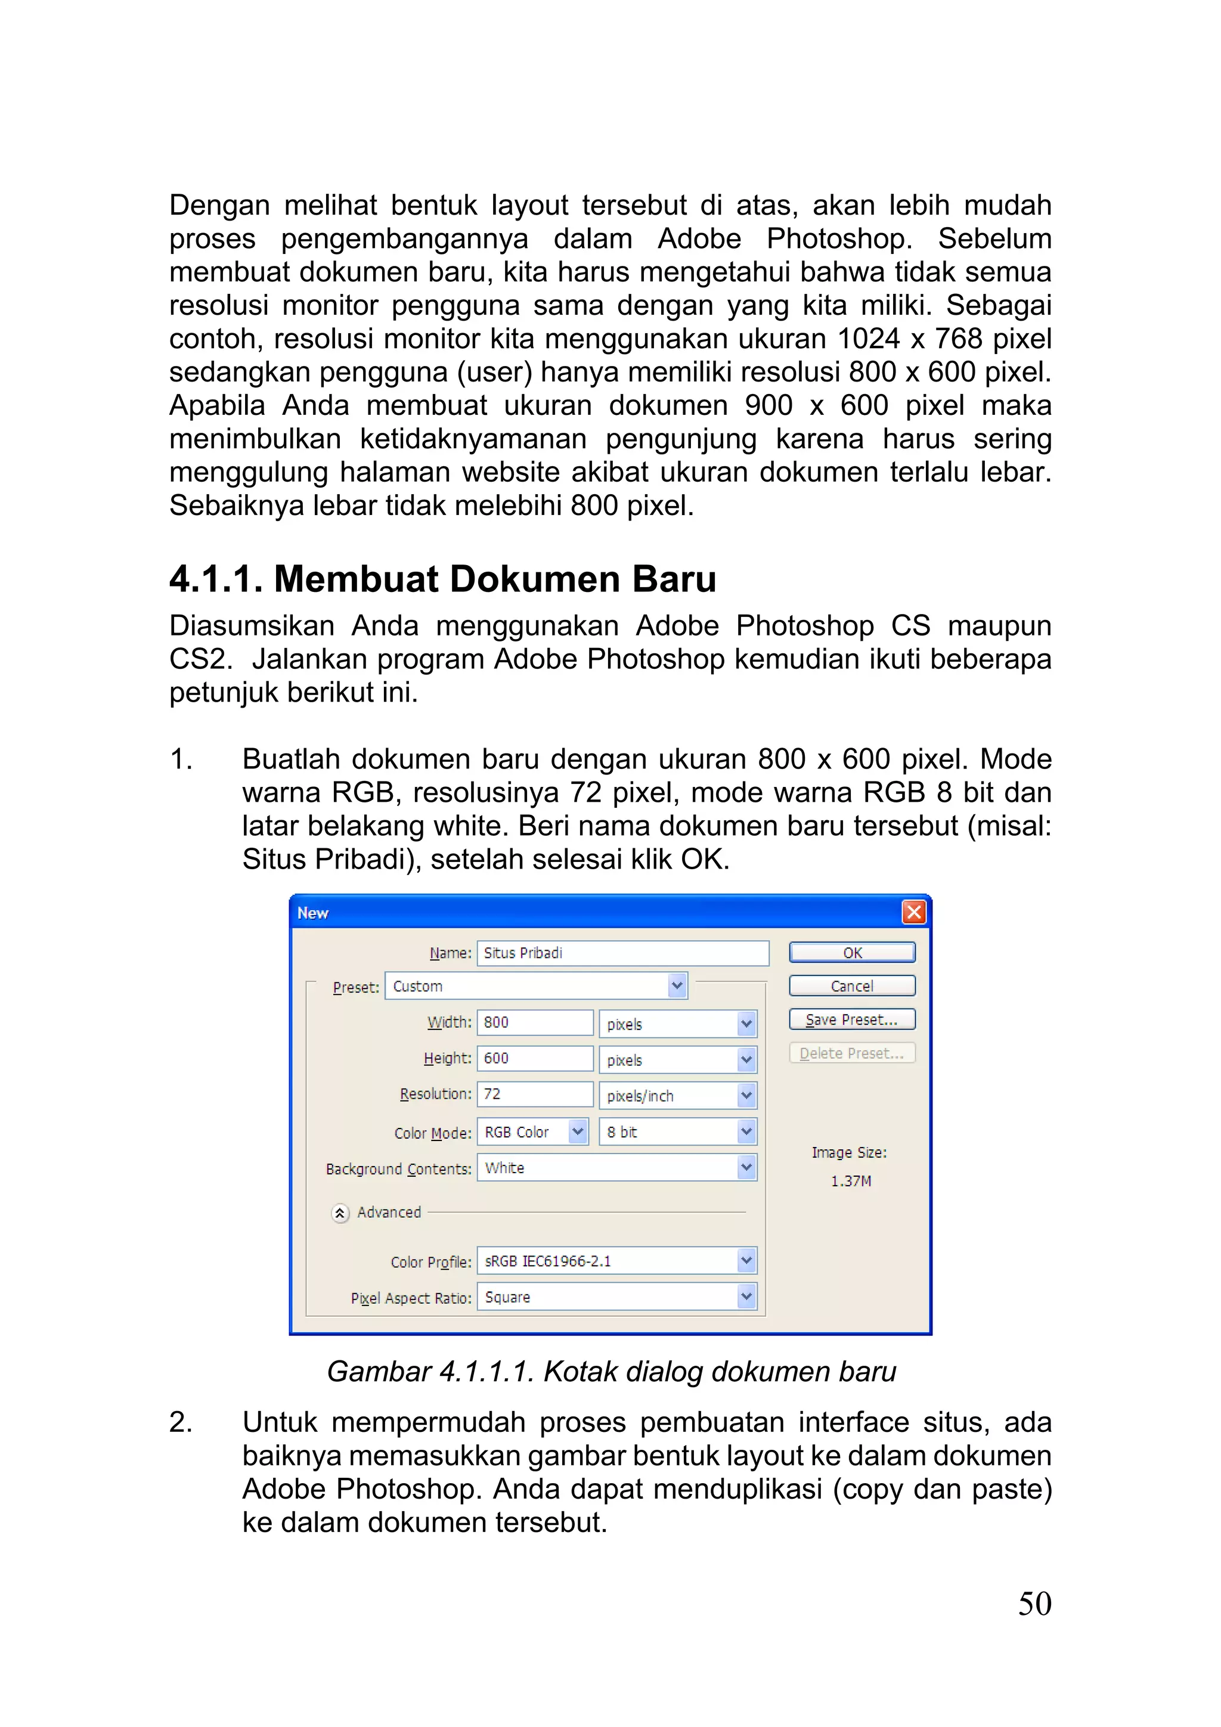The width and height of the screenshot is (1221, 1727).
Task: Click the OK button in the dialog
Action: click(x=851, y=952)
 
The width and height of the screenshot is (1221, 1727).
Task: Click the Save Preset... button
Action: click(x=851, y=1019)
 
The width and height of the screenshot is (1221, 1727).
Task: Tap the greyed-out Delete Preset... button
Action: click(x=851, y=1053)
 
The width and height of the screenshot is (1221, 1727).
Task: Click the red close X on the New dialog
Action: click(x=913, y=913)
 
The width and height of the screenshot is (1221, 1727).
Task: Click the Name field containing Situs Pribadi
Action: click(x=622, y=953)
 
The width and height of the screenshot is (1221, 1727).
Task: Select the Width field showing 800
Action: click(x=534, y=1022)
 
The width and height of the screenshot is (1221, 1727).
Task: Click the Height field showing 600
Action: click(x=534, y=1058)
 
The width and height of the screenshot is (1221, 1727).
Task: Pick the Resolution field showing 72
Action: click(x=534, y=1094)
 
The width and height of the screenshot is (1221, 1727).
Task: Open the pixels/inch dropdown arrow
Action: click(x=746, y=1096)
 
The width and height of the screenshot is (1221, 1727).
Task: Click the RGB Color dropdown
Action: click(x=532, y=1132)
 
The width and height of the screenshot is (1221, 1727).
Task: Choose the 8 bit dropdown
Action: click(x=677, y=1132)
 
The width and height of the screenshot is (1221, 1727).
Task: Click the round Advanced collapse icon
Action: click(x=340, y=1213)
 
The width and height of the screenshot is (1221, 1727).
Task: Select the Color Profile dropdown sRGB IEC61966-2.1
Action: click(x=617, y=1261)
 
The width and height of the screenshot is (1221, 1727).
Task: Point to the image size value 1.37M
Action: click(x=851, y=1181)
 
